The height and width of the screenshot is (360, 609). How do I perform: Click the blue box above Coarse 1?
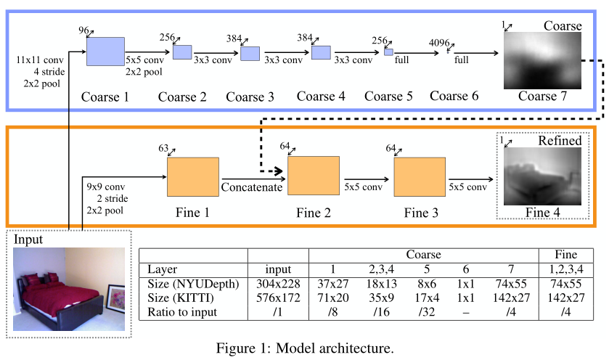(105, 52)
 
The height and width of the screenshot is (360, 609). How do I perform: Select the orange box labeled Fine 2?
(314, 176)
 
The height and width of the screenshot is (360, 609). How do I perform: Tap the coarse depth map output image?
(542, 60)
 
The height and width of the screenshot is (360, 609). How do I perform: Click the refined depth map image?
(542, 176)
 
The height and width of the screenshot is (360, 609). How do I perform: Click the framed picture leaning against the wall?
(115, 298)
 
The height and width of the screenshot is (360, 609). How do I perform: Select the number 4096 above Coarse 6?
(439, 43)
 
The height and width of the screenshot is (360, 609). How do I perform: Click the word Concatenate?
(252, 187)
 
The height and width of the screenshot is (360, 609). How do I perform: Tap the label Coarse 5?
(388, 97)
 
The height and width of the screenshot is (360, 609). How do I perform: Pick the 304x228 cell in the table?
(278, 284)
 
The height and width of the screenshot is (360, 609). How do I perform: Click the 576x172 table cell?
(278, 298)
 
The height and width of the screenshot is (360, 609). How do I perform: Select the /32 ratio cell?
(427, 312)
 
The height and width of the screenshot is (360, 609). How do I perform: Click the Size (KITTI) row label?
(181, 298)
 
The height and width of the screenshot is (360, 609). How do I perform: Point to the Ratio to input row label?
(182, 312)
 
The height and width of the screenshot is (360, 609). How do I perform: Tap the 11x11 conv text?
(40, 60)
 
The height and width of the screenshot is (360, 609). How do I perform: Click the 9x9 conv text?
(106, 187)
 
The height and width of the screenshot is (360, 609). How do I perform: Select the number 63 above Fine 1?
(163, 148)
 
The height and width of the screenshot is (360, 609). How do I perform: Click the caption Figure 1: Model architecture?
(305, 348)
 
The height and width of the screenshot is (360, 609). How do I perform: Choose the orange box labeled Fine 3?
(420, 176)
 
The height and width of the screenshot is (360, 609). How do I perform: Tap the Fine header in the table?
(566, 254)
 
